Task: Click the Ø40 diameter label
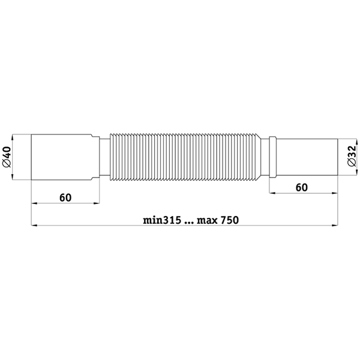[x=7, y=157]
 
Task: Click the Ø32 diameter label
[x=352, y=155]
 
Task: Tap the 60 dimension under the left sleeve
[x=65, y=197]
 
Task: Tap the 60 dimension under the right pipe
[x=301, y=188]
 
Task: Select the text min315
[x=163, y=220]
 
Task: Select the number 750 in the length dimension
[x=230, y=220]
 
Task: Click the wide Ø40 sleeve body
[x=62, y=157]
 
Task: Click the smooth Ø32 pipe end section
[x=307, y=157]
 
